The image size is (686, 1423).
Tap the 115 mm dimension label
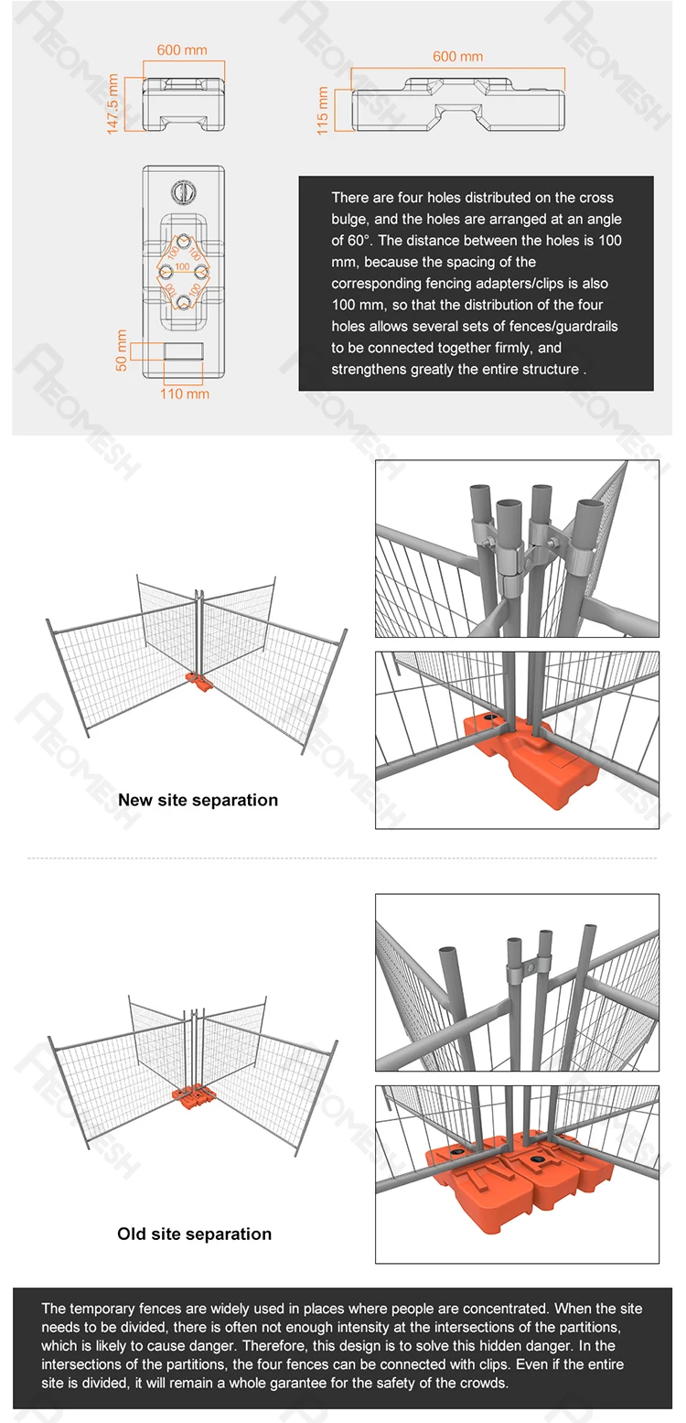click(323, 111)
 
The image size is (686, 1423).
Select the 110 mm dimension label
click(185, 393)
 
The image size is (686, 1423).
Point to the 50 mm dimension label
click(122, 350)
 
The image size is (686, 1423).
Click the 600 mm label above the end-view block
click(182, 49)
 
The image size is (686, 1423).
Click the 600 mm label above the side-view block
click(458, 57)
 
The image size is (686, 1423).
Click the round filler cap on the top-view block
click(184, 192)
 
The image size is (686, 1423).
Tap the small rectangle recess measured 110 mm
click(184, 350)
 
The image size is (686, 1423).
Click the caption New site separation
click(198, 800)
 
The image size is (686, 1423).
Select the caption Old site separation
click(194, 1234)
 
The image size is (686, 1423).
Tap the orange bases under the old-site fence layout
click(194, 1097)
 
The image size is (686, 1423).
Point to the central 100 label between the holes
click(182, 267)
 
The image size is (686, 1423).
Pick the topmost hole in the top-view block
click(184, 242)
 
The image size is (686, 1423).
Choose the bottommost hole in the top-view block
click(184, 302)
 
